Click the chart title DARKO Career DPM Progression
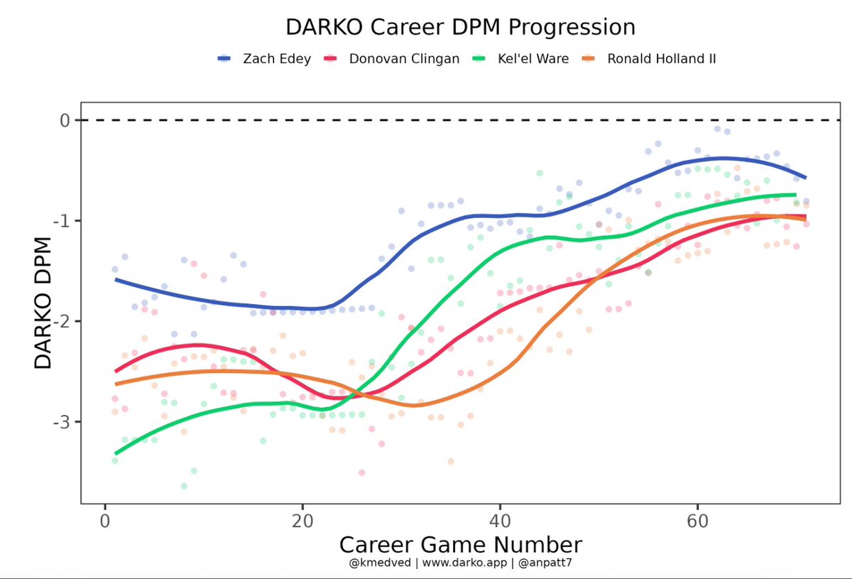[460, 27]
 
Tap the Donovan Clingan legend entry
[403, 59]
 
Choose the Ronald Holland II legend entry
[661, 59]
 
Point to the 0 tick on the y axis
[65, 120]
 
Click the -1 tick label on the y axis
[62, 220]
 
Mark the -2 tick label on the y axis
[62, 321]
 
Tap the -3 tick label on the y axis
[62, 421]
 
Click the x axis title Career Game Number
[460, 544]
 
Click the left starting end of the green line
[116, 453]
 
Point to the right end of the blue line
[805, 178]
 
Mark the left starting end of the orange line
[116, 384]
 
